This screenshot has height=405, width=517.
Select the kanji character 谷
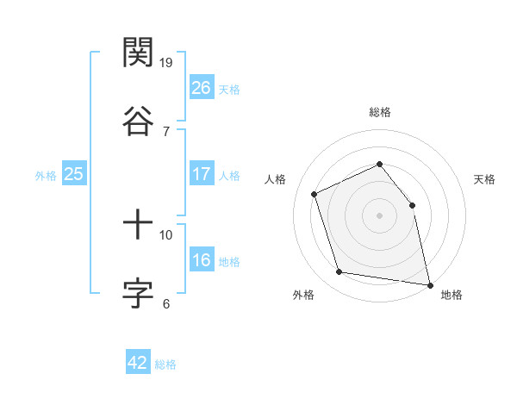click(139, 119)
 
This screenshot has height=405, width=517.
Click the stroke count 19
click(167, 63)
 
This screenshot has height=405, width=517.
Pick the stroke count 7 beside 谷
click(166, 131)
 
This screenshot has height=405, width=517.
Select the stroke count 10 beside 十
click(167, 234)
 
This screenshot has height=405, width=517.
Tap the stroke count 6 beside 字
click(166, 302)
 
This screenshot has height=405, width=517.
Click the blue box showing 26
click(201, 88)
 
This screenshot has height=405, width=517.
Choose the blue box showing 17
click(201, 174)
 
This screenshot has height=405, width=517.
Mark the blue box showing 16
click(201, 261)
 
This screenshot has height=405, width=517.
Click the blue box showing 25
click(73, 174)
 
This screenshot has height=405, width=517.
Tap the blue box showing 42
click(138, 363)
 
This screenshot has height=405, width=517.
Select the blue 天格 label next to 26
click(229, 90)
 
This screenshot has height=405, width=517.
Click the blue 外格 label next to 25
click(46, 176)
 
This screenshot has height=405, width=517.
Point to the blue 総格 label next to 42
click(165, 364)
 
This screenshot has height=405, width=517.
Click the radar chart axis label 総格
click(380, 112)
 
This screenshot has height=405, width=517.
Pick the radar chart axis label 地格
click(452, 296)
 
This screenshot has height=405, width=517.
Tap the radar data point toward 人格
click(315, 194)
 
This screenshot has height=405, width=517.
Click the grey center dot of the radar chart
click(379, 215)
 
